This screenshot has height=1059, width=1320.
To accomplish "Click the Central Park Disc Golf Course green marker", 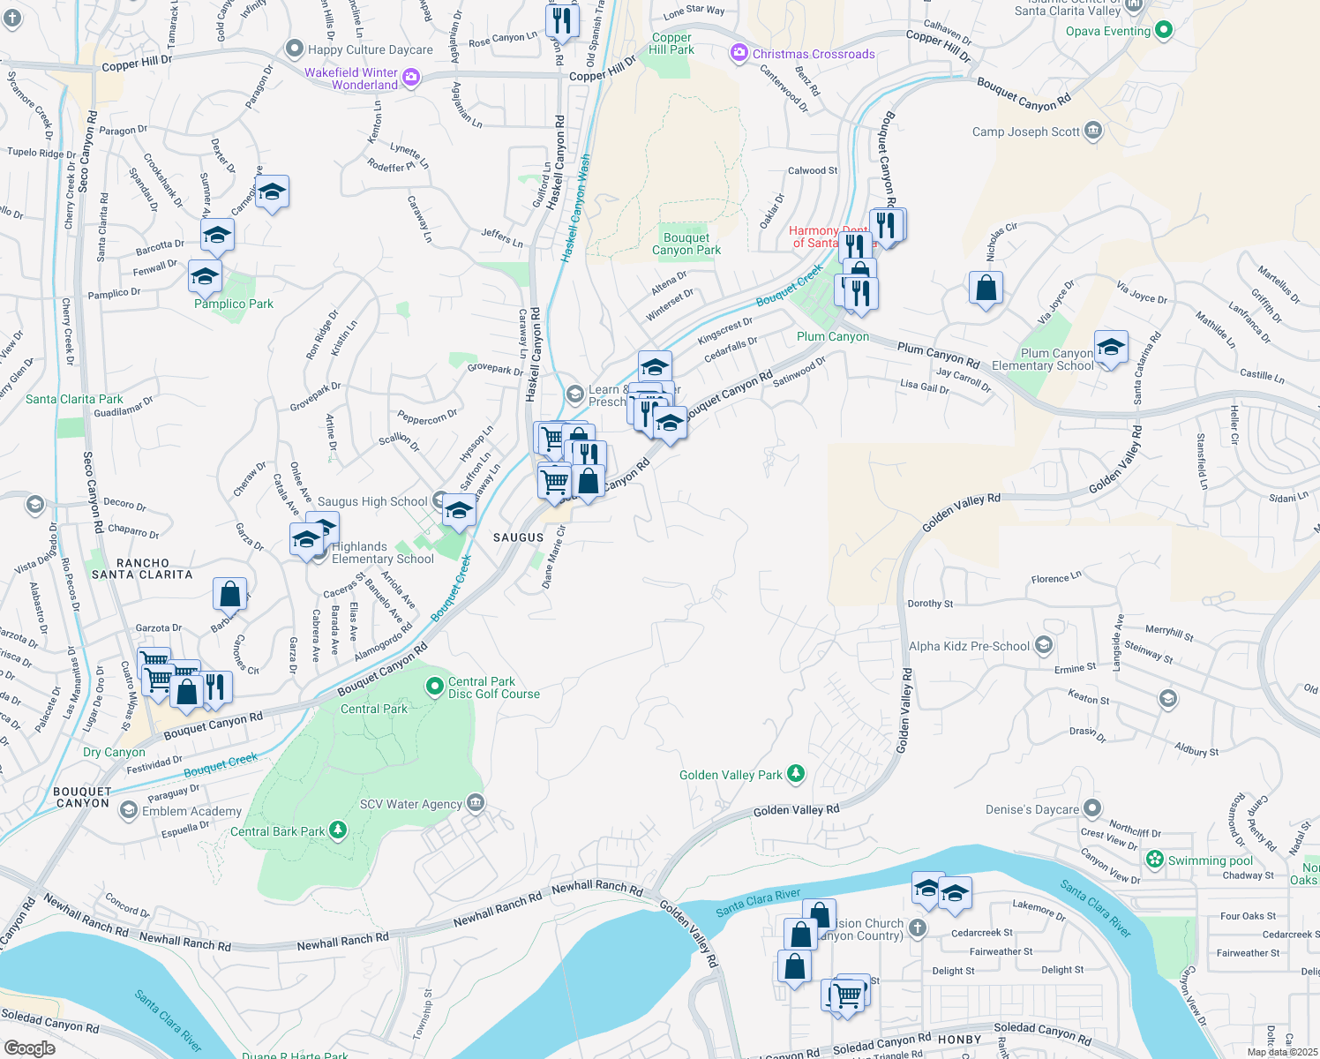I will tap(434, 686).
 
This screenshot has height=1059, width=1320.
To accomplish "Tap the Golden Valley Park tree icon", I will tap(796, 774).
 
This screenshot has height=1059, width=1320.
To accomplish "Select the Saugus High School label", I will tap(372, 501).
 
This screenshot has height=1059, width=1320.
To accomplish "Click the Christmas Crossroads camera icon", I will tap(739, 54).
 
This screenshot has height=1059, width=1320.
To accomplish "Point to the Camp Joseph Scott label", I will tap(1025, 131).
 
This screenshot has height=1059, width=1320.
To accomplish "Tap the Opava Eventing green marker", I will tap(1163, 30).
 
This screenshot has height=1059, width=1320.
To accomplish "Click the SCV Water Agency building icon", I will tap(476, 802).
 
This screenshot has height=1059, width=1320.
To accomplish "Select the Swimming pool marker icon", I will tap(1155, 859).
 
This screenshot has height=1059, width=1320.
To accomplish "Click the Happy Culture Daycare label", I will tap(370, 49).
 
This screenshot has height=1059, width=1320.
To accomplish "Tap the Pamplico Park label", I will tap(234, 304).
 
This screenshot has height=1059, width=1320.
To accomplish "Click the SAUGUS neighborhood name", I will tap(518, 537).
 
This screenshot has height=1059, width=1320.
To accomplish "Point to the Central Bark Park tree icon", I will tap(337, 830).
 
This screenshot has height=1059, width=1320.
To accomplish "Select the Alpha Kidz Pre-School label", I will tap(969, 646).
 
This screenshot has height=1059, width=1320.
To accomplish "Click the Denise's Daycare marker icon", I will tap(1092, 807).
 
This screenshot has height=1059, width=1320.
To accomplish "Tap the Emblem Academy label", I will tap(191, 811).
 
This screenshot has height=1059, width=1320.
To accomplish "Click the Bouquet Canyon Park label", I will tap(686, 244).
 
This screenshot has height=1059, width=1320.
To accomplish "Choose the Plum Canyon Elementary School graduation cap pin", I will tap(1111, 347).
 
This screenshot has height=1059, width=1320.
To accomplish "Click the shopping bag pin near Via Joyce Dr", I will tap(986, 288).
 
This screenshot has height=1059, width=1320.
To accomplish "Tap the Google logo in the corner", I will tap(29, 1048).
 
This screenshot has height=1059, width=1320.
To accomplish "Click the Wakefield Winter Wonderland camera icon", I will tap(410, 78).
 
